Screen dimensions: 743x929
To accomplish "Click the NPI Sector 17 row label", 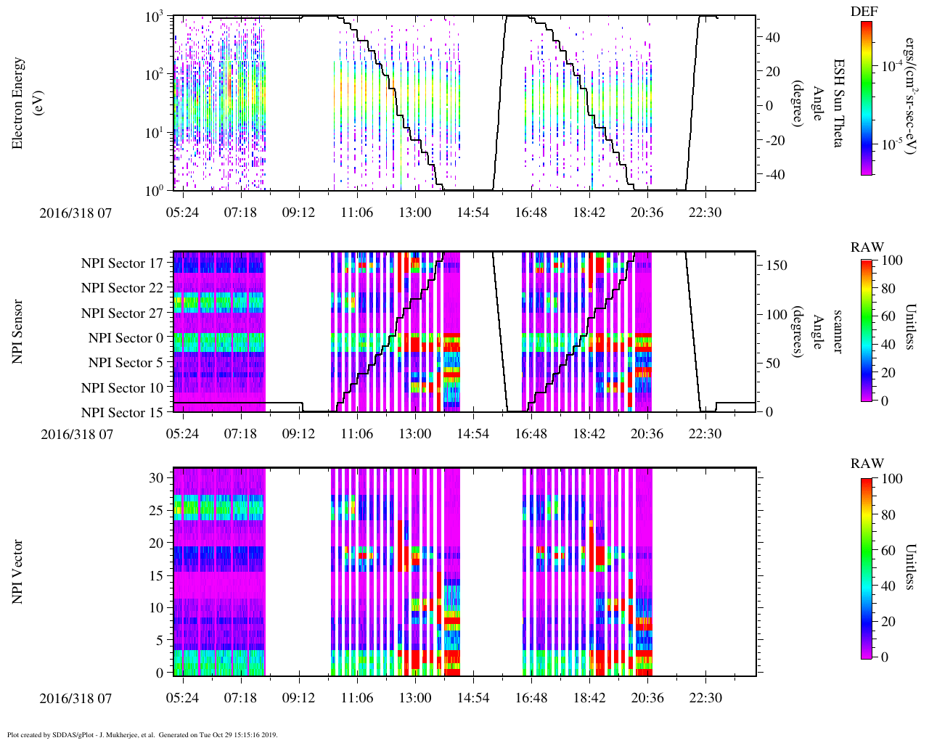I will click(x=122, y=263).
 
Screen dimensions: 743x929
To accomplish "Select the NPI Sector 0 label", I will click(x=126, y=338).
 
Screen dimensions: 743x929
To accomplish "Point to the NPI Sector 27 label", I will click(x=122, y=313).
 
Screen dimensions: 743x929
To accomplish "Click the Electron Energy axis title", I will click(x=25, y=103).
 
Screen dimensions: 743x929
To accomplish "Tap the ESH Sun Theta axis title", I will click(x=838, y=103).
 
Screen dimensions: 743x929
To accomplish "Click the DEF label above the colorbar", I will click(x=864, y=11).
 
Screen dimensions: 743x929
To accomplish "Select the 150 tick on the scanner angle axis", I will click(x=777, y=266).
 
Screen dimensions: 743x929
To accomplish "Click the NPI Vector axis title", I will click(x=18, y=572).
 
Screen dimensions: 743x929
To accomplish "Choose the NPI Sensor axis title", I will click(x=18, y=332).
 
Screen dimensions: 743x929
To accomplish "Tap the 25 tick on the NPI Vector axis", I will click(x=156, y=511).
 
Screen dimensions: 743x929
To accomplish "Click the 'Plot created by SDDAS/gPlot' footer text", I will click(x=142, y=735).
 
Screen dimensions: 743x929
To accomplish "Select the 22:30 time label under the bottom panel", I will click(x=705, y=697).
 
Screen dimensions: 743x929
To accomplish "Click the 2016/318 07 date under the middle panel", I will click(x=77, y=434).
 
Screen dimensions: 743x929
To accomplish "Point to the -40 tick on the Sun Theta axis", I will click(x=773, y=175).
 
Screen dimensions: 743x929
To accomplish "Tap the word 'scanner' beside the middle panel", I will click(x=838, y=332).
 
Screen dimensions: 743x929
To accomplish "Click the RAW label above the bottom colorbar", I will click(x=867, y=463).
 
